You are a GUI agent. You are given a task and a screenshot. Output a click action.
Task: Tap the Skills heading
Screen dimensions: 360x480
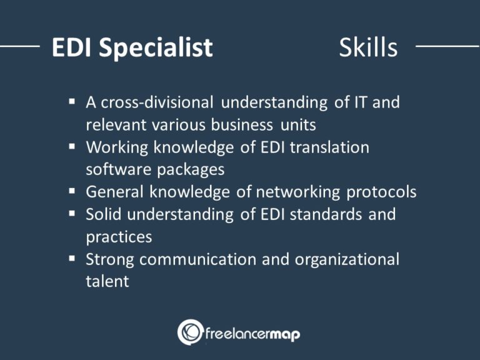tap(368, 47)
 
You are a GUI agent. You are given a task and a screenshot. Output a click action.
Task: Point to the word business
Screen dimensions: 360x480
tap(242, 124)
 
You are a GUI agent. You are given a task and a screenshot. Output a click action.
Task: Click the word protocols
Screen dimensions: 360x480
tap(381, 192)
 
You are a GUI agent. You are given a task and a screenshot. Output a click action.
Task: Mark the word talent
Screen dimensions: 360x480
tap(107, 281)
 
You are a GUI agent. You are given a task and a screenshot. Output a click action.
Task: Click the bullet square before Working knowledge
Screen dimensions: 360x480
tap(72, 146)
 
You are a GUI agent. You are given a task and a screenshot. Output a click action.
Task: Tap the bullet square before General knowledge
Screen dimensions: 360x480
tap(72, 191)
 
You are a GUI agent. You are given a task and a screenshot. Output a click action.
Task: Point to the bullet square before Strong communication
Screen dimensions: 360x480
tap(72, 258)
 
